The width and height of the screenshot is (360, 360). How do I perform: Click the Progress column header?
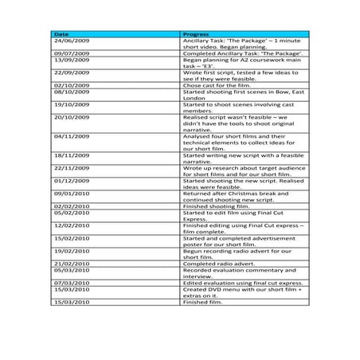[196, 34]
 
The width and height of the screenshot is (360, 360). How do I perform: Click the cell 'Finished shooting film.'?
[213, 205]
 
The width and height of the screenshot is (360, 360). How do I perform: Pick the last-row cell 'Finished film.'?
[202, 301]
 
